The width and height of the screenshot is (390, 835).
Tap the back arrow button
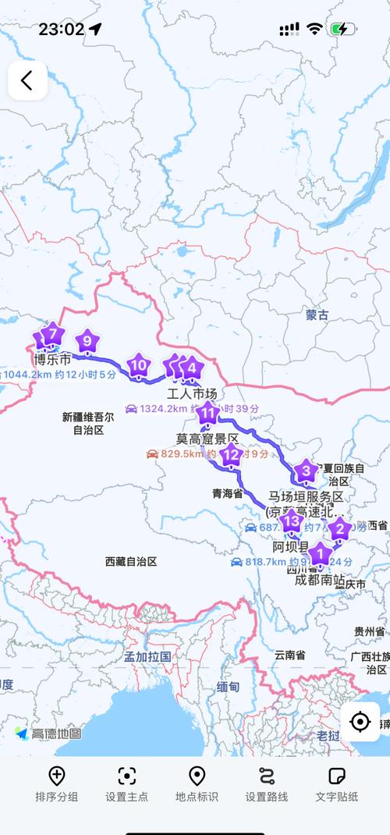point(27,80)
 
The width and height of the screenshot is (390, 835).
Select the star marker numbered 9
point(88,341)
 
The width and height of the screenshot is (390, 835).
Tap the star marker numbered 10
point(139,364)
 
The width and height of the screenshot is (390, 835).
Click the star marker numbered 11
point(207,413)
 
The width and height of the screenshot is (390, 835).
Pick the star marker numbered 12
point(230,454)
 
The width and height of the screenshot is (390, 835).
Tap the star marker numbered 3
point(306,471)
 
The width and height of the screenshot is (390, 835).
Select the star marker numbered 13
point(292,521)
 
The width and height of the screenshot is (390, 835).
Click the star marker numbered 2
point(339,530)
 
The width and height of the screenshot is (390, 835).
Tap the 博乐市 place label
point(52,361)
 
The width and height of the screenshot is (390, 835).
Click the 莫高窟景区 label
point(207,439)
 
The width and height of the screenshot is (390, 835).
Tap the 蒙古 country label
point(317,315)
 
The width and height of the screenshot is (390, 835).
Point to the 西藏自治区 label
point(131,561)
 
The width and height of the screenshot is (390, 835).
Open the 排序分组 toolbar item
point(57,784)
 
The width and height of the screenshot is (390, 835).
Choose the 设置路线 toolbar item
point(267,784)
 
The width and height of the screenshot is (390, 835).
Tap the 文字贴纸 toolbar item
point(337,784)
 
